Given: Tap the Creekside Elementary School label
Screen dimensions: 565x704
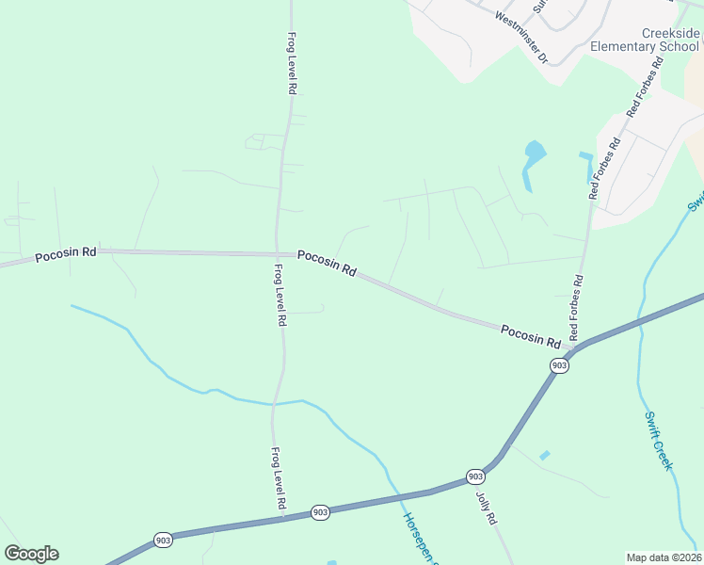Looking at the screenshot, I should pyautogui.click(x=646, y=40).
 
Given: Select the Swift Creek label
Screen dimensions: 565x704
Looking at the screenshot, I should pyautogui.click(x=659, y=440).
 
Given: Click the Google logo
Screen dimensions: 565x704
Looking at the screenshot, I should pyautogui.click(x=31, y=554).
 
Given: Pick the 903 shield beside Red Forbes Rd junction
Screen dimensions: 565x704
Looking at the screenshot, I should pyautogui.click(x=559, y=365).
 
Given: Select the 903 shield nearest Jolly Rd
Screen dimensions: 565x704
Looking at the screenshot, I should pyautogui.click(x=476, y=476).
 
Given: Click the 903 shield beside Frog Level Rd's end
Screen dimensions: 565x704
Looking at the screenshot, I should pyautogui.click(x=320, y=512).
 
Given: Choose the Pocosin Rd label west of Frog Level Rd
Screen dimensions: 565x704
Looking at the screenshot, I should pyautogui.click(x=66, y=254).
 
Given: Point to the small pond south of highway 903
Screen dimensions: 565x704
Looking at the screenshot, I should pyautogui.click(x=544, y=456).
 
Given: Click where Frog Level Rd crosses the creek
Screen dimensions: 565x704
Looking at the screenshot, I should pyautogui.click(x=274, y=403).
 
